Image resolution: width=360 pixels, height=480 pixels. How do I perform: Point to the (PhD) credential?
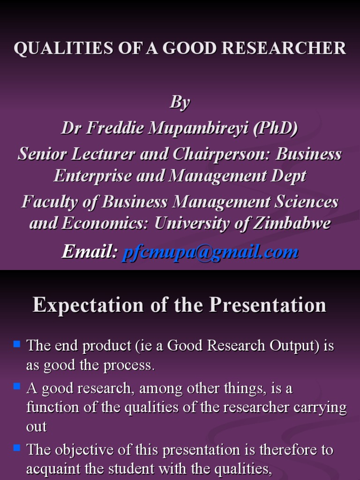tap(275, 127)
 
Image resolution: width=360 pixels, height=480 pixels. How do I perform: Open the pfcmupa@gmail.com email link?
tap(210, 252)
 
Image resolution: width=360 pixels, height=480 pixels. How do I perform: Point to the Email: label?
tap(90, 252)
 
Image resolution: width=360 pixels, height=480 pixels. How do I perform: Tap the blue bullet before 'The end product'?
tap(17, 344)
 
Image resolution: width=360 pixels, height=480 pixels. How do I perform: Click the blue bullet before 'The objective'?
tap(17, 448)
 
